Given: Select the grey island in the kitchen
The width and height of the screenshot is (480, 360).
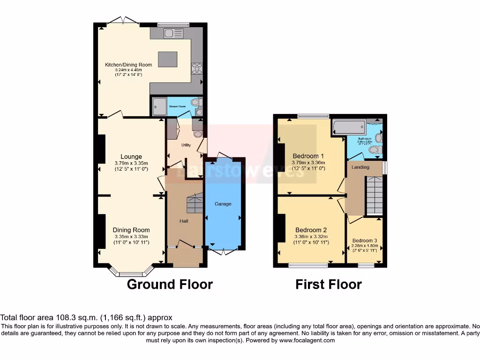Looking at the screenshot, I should point(167,60).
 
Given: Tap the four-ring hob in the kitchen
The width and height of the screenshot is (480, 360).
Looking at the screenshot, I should point(196,68).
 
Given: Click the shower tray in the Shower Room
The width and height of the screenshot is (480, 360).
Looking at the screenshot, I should point(159,106).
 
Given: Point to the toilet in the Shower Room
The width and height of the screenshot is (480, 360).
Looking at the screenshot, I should point(195,102).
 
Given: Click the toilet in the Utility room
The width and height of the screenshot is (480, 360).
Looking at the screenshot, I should point(198,134).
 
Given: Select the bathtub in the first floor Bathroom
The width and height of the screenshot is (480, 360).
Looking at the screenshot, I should point(348,127).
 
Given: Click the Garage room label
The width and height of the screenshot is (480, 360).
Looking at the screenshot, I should point(223,204).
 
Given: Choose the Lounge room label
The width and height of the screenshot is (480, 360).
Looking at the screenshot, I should point(131,157).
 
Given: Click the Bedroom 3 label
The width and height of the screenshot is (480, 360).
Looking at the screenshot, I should point(365,240).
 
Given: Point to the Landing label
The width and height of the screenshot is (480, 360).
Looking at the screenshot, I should point(360,167).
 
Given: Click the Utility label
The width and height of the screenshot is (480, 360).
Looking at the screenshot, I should point(186,145).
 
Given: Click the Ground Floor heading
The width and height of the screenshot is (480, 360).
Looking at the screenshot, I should point(170,284).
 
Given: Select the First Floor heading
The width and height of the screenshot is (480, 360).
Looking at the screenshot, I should point(328,284).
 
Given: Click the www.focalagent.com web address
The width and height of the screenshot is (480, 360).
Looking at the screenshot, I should point(307,340).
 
